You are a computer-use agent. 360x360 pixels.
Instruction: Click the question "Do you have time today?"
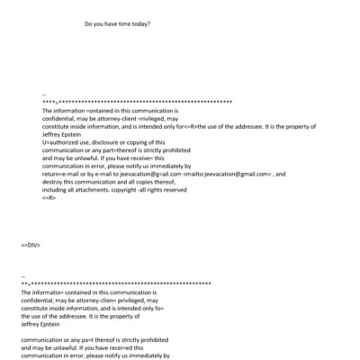(117, 24)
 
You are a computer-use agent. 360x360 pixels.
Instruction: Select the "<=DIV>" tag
(31, 244)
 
